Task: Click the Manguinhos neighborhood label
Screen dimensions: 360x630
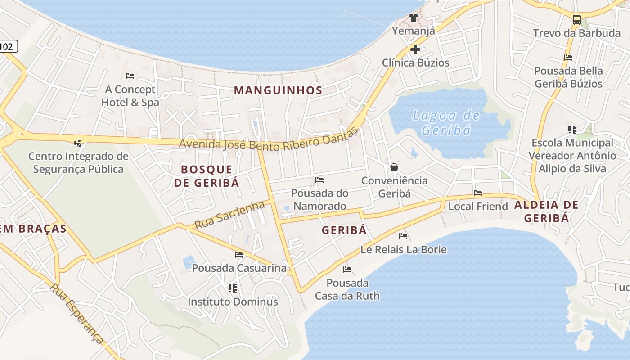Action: [278, 90]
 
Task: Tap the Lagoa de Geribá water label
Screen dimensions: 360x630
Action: [446, 123]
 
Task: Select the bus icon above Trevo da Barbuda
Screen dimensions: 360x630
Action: [576, 19]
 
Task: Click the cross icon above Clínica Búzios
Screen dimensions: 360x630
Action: [415, 49]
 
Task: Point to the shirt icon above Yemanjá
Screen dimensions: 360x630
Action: [413, 18]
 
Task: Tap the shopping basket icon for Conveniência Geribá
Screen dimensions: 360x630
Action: [394, 167]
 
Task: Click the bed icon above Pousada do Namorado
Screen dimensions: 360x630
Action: [319, 180]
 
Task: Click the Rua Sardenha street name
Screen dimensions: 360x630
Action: [229, 215]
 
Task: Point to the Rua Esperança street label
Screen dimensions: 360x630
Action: [77, 313]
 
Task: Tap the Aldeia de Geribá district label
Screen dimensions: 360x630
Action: [546, 211]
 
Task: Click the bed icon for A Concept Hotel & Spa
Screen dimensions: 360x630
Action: [130, 76]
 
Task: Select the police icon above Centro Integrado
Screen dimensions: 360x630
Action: [78, 143]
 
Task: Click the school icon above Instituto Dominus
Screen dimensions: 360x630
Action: [233, 288]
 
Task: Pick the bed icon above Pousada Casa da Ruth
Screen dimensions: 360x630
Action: [347, 270]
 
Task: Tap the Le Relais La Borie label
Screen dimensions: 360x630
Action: [404, 249]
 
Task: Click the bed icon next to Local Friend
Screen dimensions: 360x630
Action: [478, 193]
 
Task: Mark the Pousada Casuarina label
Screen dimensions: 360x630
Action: [239, 268]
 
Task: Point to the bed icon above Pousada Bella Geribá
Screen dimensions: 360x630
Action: [568, 58]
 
